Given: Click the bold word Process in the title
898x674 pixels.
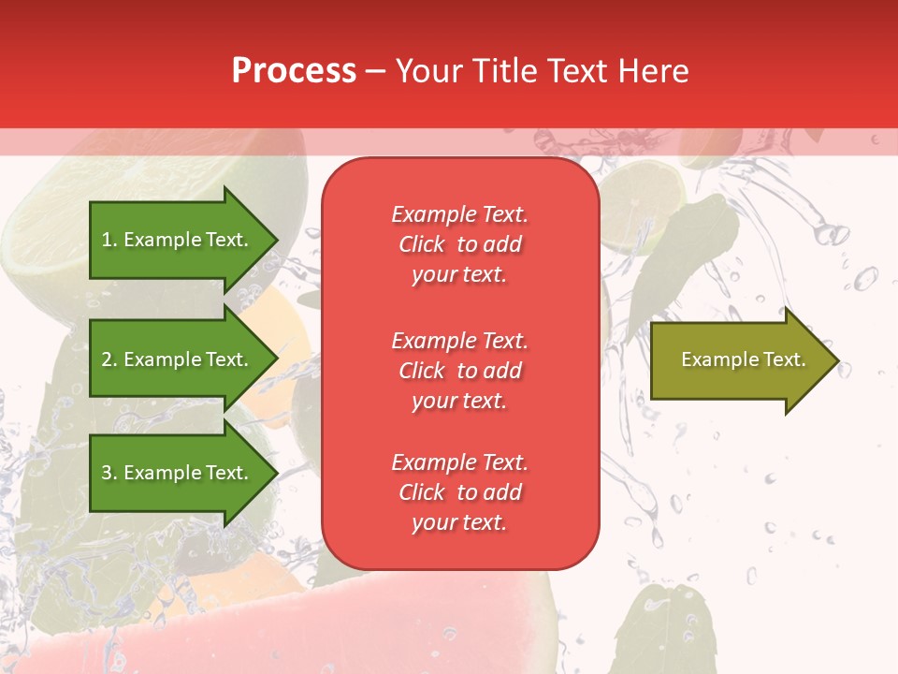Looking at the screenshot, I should pyautogui.click(x=294, y=71).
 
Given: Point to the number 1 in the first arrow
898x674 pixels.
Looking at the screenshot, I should pyautogui.click(x=106, y=240).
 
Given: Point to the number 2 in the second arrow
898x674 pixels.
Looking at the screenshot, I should pyautogui.click(x=106, y=359).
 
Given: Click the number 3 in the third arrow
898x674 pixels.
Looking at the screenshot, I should pyautogui.click(x=106, y=473).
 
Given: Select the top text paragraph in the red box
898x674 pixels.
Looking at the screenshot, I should pyautogui.click(x=459, y=244).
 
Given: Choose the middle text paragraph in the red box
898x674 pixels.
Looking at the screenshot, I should pyautogui.click(x=459, y=371).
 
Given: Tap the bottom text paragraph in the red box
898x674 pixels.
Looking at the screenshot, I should pyautogui.click(x=459, y=492).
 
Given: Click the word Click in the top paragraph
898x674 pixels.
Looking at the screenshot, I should pyautogui.click(x=422, y=244).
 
